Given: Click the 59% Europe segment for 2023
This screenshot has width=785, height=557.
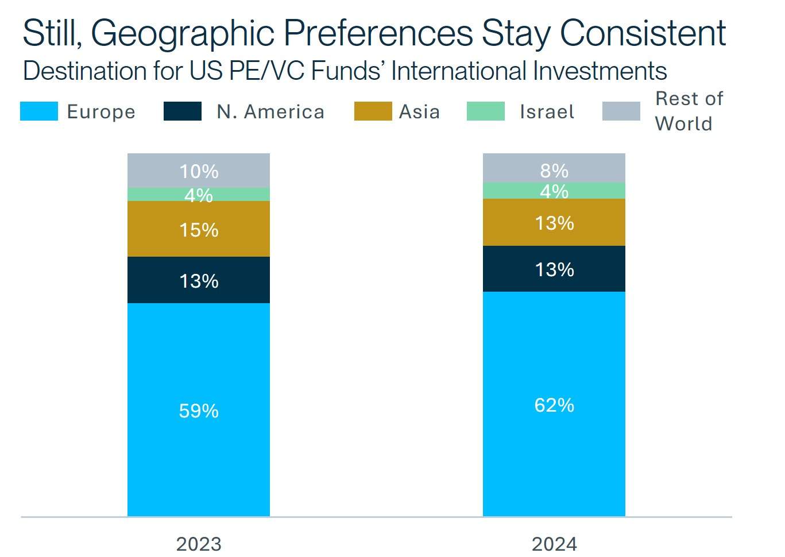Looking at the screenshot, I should [x=198, y=409].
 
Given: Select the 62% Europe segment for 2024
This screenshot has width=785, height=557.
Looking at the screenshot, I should [x=554, y=404].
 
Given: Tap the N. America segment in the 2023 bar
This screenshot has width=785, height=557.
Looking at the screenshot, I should [x=198, y=280].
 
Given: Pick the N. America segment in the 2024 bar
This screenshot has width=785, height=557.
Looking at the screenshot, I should [x=554, y=269].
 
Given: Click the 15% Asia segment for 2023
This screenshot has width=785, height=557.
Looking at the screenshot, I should [x=198, y=229].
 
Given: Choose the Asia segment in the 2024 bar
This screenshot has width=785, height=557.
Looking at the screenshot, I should [x=554, y=222].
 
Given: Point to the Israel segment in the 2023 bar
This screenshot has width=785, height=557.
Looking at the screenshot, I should [x=198, y=195].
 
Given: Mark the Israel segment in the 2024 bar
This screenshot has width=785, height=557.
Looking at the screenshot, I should [x=554, y=191].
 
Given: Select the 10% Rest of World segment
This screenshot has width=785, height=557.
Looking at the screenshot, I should [x=198, y=171].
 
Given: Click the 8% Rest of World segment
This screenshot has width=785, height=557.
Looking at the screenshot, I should [x=554, y=168].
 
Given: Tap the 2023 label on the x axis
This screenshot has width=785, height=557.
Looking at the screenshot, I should [x=198, y=543].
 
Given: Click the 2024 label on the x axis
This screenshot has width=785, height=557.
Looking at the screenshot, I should [x=554, y=543].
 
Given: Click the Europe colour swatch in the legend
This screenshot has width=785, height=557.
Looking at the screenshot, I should [x=38, y=111].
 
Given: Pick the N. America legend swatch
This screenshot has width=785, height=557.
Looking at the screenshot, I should [x=182, y=111].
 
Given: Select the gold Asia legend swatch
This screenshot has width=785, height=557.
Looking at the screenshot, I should [x=373, y=111].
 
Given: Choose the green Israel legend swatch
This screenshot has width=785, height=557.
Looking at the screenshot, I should [x=485, y=111].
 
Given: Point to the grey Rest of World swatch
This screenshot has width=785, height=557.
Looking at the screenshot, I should [x=621, y=111].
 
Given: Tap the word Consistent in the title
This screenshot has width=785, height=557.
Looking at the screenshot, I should [x=643, y=33].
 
